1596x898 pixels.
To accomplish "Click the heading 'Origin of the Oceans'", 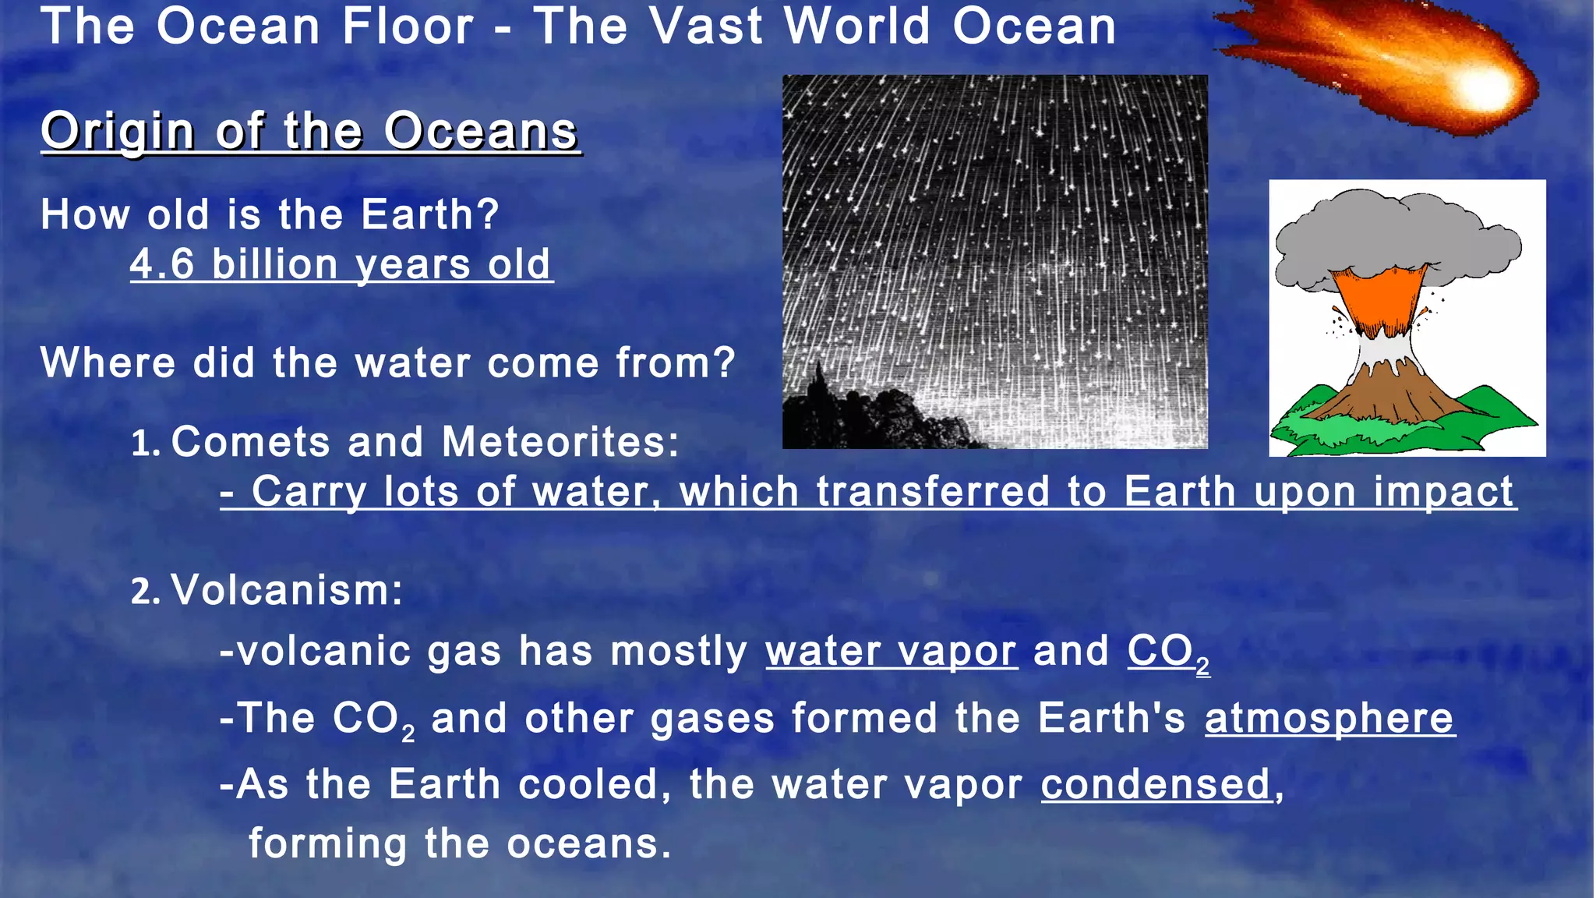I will click(x=310, y=131).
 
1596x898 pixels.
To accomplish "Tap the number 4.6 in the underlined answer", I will click(x=161, y=264).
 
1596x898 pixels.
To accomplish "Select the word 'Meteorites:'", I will click(x=561, y=442).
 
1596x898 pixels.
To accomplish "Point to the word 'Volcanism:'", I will click(x=287, y=590).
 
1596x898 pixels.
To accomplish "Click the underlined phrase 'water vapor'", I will click(x=891, y=651).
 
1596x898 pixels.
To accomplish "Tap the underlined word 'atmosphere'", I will click(x=1329, y=718).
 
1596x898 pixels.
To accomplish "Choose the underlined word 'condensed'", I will click(x=1156, y=784).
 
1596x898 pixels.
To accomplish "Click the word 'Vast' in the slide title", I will click(x=705, y=27).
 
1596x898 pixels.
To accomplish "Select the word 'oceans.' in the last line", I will click(x=589, y=844).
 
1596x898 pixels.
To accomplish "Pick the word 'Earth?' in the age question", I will click(x=429, y=214).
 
